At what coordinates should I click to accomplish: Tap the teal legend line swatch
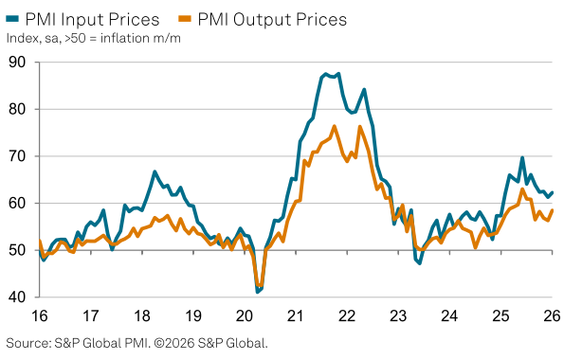[x=17, y=19]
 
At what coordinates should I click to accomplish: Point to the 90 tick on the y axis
[x=18, y=63]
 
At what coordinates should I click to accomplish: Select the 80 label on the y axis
[x=18, y=110]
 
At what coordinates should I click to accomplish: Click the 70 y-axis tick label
[x=18, y=156]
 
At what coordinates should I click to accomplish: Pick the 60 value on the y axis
[x=18, y=204]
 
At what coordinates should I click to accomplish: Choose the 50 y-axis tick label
[x=18, y=250]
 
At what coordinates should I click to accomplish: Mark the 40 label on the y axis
[x=18, y=297]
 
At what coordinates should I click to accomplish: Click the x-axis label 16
[x=41, y=315]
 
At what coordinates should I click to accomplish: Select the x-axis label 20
[x=245, y=315]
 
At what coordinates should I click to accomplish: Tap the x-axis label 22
[x=347, y=315]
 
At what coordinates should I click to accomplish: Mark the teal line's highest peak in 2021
[x=325, y=73]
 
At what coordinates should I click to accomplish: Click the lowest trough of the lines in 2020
[x=258, y=292]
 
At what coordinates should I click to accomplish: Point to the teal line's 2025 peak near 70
[x=522, y=158]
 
